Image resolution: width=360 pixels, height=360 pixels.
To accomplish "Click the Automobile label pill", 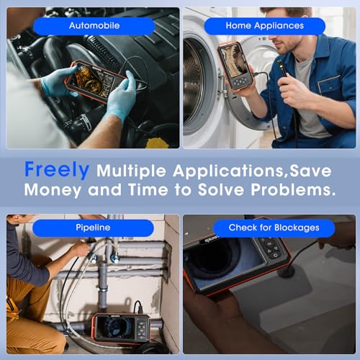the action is coord(94,26).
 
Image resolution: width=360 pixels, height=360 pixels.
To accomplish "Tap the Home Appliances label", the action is coord(265,26).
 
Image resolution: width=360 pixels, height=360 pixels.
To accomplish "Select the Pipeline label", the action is coord(93,228).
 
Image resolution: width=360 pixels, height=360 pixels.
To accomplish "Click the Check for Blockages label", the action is coord(274,228).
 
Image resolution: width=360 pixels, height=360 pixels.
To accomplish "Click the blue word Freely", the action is coord(57,170).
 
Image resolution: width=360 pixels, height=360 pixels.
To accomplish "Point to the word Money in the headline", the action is coord(53,190).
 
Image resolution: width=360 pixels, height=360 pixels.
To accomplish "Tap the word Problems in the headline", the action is coord(293,190).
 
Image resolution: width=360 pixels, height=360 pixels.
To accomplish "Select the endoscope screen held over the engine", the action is coord(94,81).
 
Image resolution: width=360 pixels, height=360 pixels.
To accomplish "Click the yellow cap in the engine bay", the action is coord(157,143).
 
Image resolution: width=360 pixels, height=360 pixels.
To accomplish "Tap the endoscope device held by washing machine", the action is coord(235,66).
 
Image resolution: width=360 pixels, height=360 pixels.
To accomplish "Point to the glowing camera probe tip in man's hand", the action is coord(279,63).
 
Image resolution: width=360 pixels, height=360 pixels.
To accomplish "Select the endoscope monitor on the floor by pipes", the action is coord(121,328).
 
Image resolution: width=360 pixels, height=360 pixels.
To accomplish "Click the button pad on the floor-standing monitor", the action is coord(142,329).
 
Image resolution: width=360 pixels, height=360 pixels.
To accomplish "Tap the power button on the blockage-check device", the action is coord(275,256).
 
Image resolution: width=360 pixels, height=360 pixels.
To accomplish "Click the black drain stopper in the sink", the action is coord(287,271).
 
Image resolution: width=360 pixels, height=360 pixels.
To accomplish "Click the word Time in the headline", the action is coord(148,189).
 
